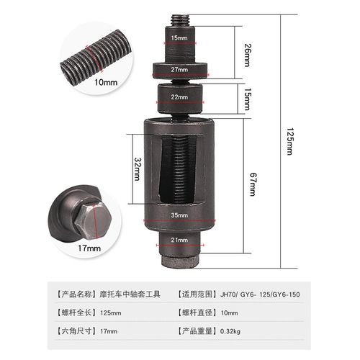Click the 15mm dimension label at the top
(x=179, y=37)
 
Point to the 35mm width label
(x=180, y=215)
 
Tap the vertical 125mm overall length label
(x=289, y=137)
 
